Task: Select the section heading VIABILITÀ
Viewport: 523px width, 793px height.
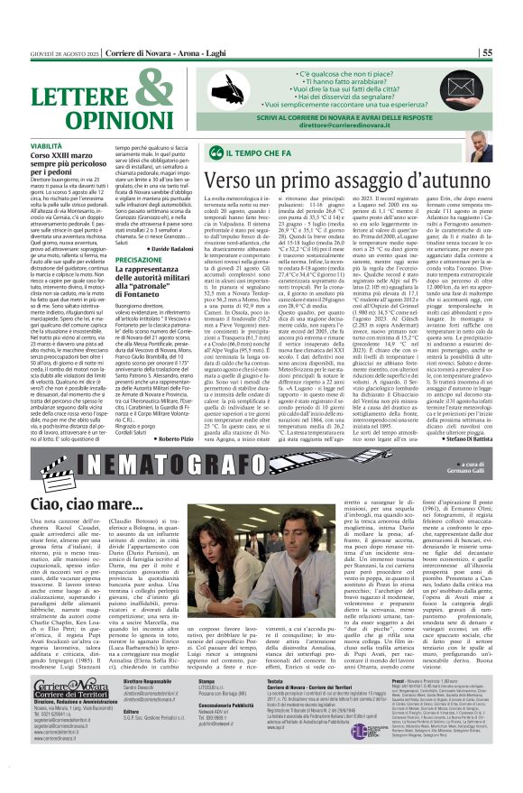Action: [x=46, y=145]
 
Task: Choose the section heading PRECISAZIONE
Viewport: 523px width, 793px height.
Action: [x=140, y=259]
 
